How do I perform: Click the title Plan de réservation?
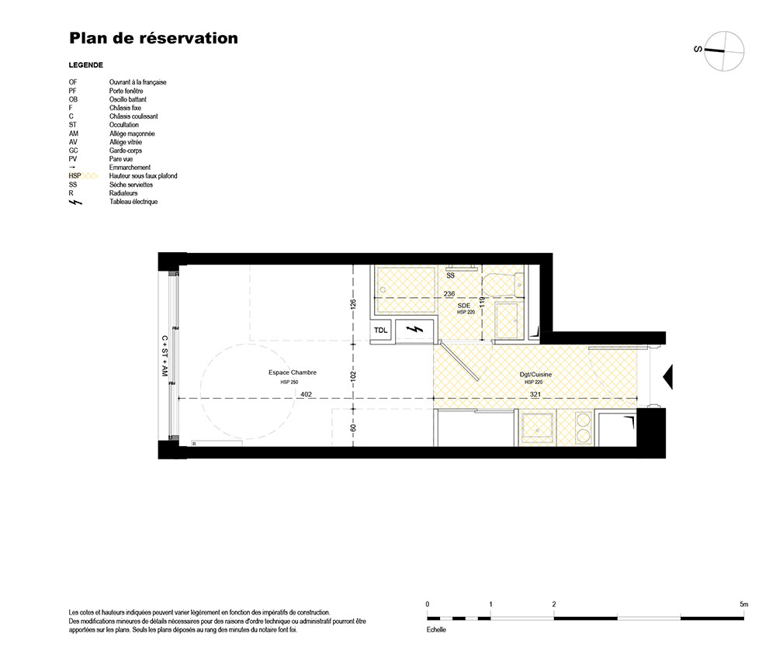(154, 38)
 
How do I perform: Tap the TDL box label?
(380, 331)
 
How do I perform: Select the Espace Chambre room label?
(293, 372)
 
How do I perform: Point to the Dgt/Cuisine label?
(535, 375)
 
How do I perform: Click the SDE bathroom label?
(464, 306)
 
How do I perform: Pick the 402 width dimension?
(307, 394)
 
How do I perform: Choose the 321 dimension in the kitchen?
(535, 394)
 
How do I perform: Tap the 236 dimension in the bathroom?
(449, 294)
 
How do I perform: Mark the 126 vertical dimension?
(353, 305)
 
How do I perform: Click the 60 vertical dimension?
(353, 428)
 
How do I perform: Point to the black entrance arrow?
(668, 377)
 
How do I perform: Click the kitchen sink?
(537, 428)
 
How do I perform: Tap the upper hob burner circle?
(584, 421)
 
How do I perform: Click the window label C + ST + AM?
(165, 356)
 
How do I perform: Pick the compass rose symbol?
(724, 51)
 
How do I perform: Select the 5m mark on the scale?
(744, 604)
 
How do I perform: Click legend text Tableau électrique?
(133, 202)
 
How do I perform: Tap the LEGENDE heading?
(86, 65)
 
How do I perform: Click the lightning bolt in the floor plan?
(414, 330)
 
